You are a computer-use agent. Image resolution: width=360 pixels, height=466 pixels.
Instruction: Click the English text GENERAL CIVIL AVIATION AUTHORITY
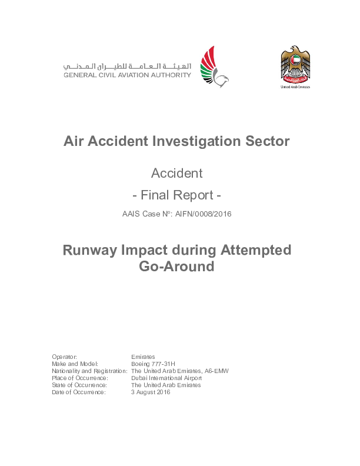127,75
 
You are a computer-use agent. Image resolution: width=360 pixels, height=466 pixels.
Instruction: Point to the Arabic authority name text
127,65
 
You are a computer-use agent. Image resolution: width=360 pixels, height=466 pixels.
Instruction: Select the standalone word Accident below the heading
176,173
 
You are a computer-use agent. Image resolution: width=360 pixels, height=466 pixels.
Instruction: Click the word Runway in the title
91,250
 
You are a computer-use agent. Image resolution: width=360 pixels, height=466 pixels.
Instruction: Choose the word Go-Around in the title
176,266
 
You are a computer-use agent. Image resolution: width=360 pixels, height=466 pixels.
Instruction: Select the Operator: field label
65,357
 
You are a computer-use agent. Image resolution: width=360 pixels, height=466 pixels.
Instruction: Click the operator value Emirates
143,357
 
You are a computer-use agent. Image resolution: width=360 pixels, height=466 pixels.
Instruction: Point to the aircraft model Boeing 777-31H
153,364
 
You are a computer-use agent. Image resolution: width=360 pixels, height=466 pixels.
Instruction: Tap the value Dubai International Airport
166,378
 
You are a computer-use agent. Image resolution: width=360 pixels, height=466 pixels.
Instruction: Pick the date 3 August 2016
151,392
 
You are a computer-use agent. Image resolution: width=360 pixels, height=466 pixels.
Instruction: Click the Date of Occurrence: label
78,392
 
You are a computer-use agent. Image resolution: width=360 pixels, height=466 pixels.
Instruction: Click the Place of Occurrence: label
79,378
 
